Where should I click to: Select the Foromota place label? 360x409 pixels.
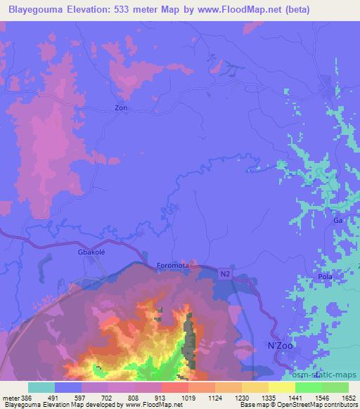(x=172, y=266)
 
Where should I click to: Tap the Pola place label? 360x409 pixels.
(x=324, y=277)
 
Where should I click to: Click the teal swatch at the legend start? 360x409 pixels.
(x=41, y=387)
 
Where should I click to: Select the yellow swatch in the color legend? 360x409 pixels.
(x=282, y=387)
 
